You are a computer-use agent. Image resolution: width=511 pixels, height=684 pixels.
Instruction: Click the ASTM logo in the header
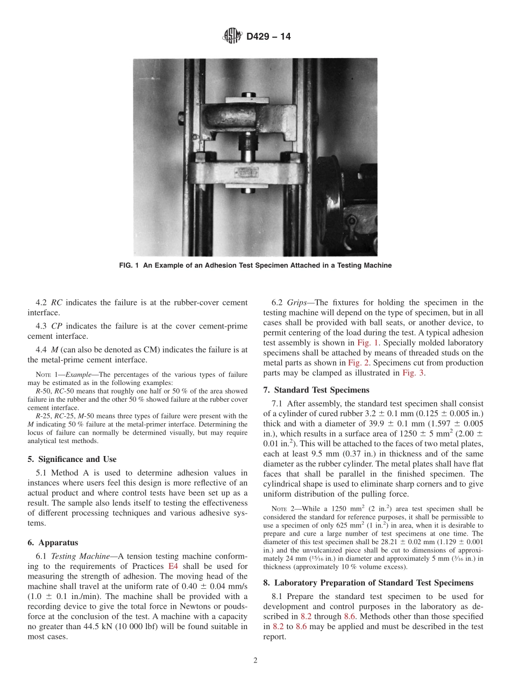pos(232,37)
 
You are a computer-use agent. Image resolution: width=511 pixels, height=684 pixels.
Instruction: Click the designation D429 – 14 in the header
pos(268,37)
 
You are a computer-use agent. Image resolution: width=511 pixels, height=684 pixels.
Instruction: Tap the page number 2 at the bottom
pos(256,661)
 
